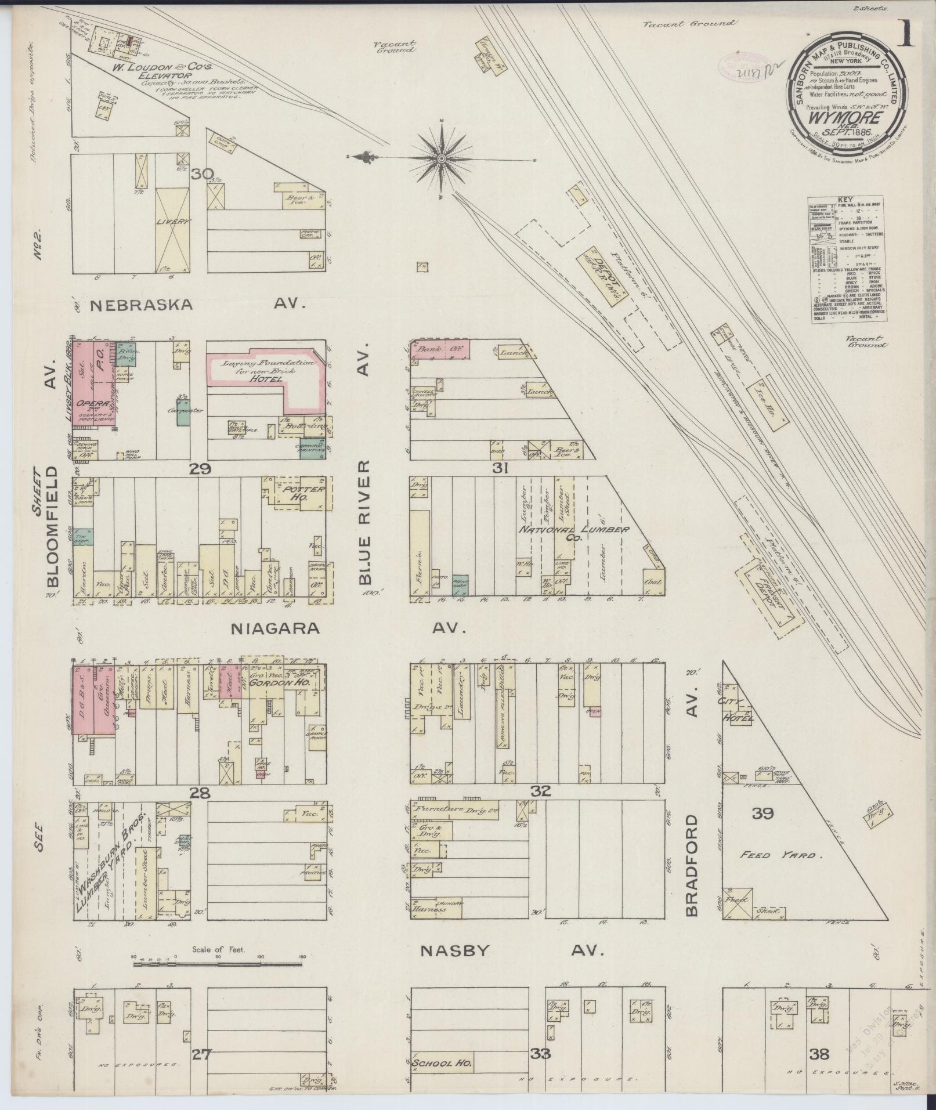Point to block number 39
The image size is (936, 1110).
click(762, 813)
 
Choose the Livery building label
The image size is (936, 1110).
click(173, 222)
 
